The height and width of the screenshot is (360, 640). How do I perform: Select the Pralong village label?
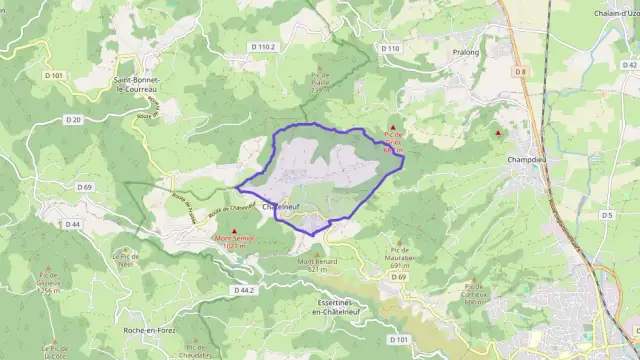coord(466,52)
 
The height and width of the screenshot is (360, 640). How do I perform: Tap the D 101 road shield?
coord(55,75)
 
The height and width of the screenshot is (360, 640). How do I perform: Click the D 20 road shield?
coord(73,120)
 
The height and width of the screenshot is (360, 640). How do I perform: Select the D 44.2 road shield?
coord(244,290)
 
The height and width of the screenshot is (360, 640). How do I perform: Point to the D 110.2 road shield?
coord(263,47)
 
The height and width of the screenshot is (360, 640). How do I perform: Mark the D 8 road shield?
coord(520,71)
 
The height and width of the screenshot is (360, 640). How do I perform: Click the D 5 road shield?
coord(607,215)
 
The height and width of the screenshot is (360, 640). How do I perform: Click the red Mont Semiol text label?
coord(236,241)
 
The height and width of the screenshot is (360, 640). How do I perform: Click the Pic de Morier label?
coord(321,80)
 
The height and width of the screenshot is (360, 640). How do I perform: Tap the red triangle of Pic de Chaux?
coord(392,128)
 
